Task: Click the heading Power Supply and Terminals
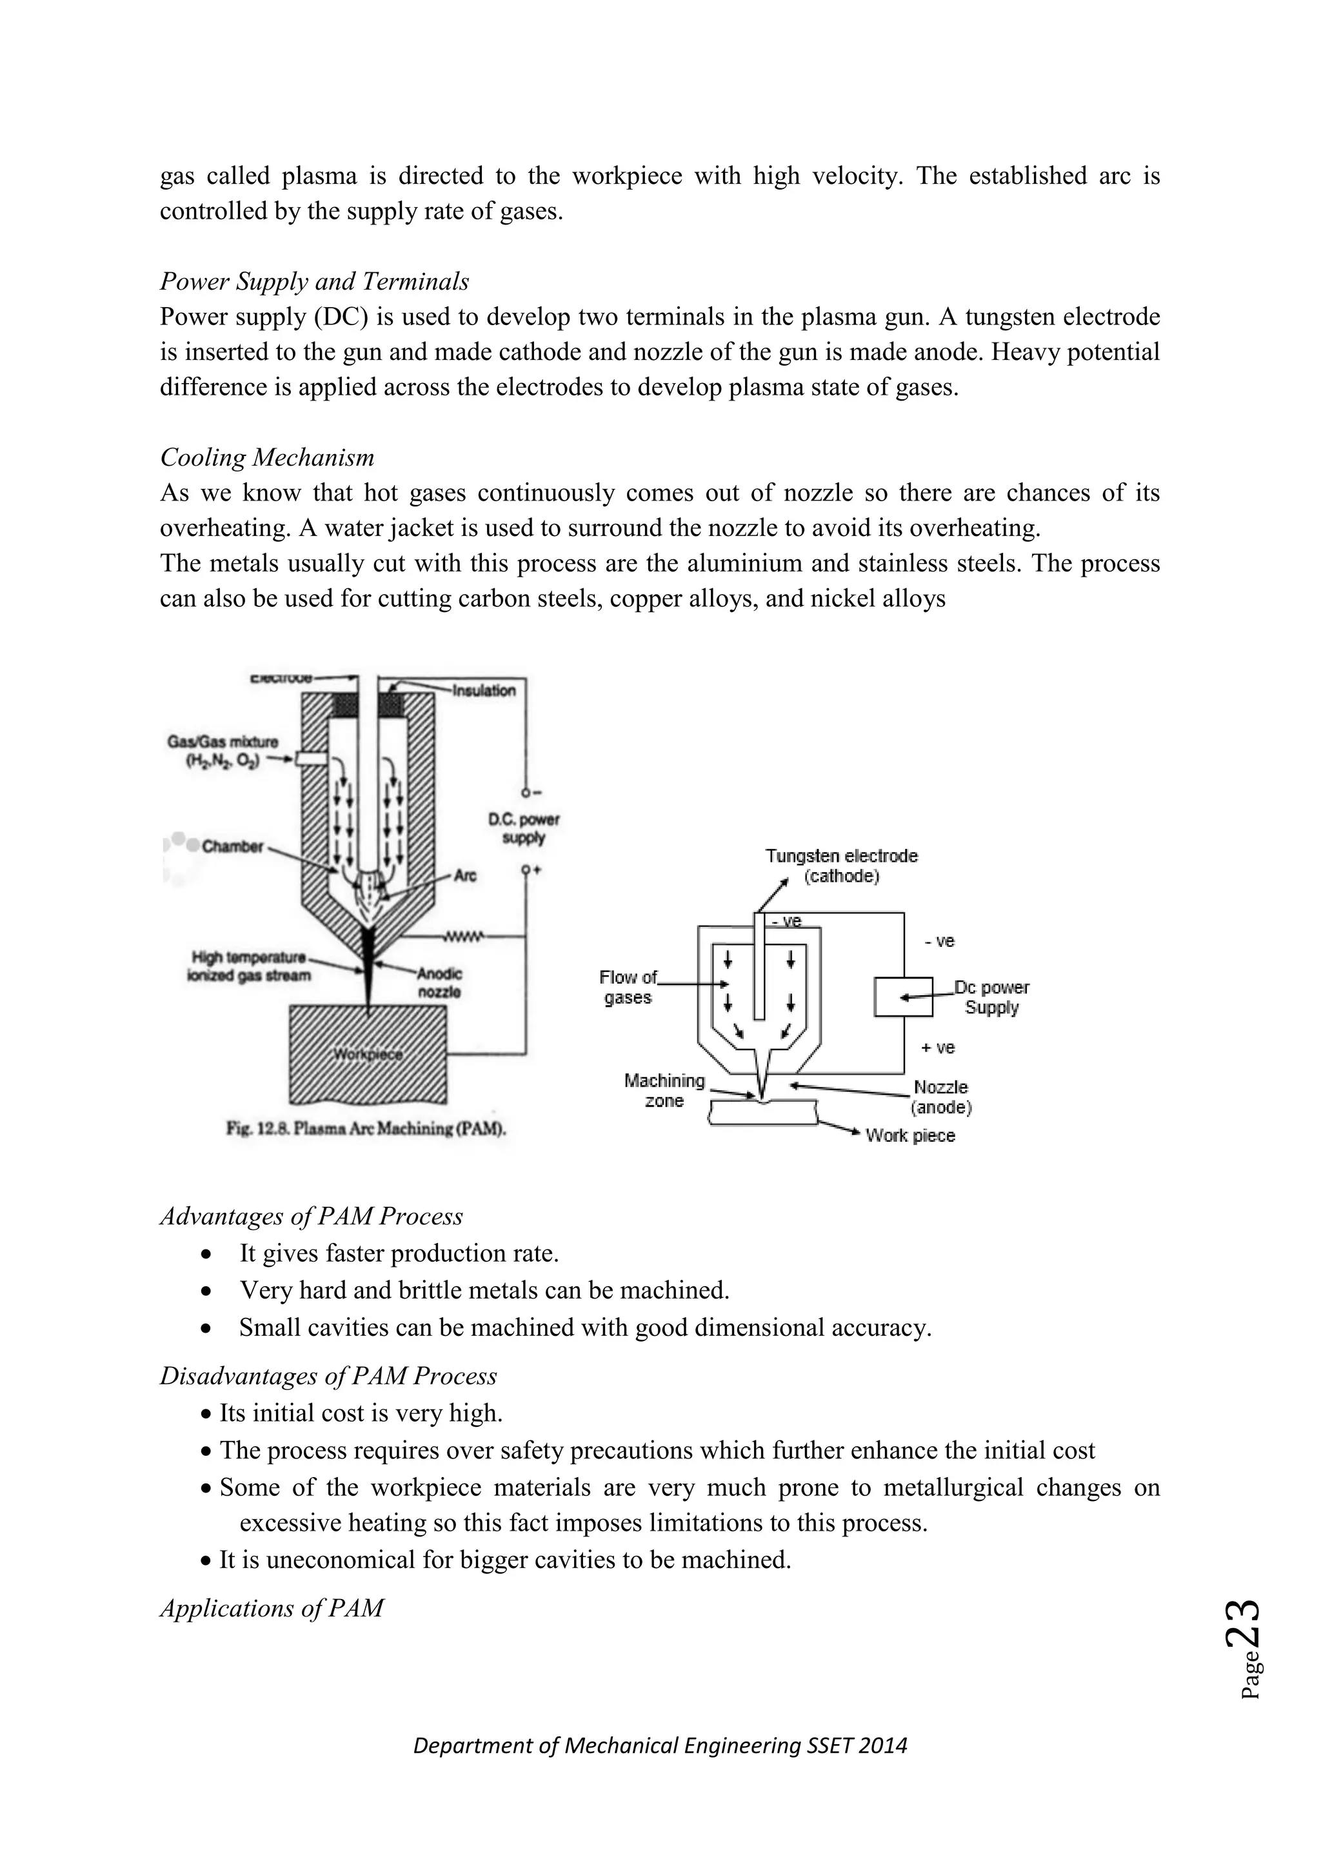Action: [314, 281]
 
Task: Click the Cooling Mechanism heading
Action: [267, 457]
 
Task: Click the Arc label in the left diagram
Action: [464, 875]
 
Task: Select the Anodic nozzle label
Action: [439, 983]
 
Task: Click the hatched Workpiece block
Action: [368, 1055]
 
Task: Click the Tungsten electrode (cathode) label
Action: [841, 866]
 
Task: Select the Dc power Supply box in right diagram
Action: [903, 997]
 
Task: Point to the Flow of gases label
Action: [628, 987]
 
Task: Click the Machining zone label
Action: [664, 1090]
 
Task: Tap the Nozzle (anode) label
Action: [940, 1097]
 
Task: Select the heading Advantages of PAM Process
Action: [311, 1217]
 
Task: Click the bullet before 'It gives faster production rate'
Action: [208, 1254]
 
